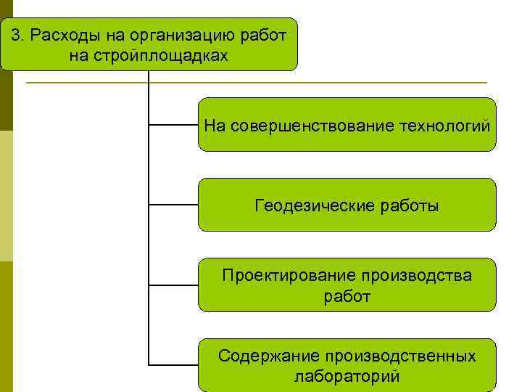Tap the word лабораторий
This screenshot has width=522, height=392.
tap(347, 376)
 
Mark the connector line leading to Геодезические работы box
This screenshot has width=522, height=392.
tap(173, 205)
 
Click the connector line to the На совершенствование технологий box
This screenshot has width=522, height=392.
tap(173, 125)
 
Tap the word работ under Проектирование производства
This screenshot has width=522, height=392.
tap(347, 296)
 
